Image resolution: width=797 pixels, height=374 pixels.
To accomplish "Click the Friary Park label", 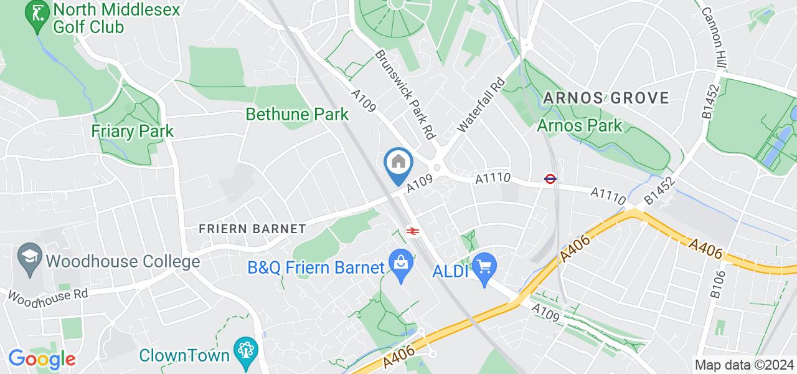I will pyautogui.click(x=132, y=131).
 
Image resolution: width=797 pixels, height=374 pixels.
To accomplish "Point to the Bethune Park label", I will pyautogui.click(x=297, y=115).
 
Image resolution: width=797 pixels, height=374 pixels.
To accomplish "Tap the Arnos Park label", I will pyautogui.click(x=579, y=126).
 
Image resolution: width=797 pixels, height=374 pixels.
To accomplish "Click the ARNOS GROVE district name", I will pyautogui.click(x=606, y=98).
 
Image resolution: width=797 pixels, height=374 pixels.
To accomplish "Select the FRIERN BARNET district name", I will pyautogui.click(x=252, y=229).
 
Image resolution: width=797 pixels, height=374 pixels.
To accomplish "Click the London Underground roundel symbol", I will pyautogui.click(x=550, y=179).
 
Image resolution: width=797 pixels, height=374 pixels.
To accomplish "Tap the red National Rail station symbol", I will pyautogui.click(x=412, y=231).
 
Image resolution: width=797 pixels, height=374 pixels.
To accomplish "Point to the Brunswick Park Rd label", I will pyautogui.click(x=405, y=93).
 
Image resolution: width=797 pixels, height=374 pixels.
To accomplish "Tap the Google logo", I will pyautogui.click(x=42, y=359).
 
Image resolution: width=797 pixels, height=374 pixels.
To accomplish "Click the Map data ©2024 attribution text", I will pyautogui.click(x=744, y=365).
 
